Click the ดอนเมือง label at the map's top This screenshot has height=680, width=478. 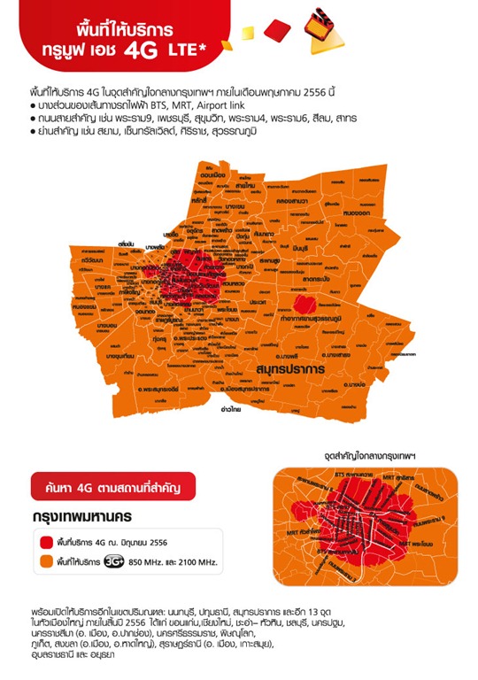click(210, 174)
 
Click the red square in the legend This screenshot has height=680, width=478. click(47, 540)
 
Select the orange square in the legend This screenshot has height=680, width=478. click(47, 561)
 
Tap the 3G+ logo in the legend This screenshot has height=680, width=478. click(113, 561)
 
